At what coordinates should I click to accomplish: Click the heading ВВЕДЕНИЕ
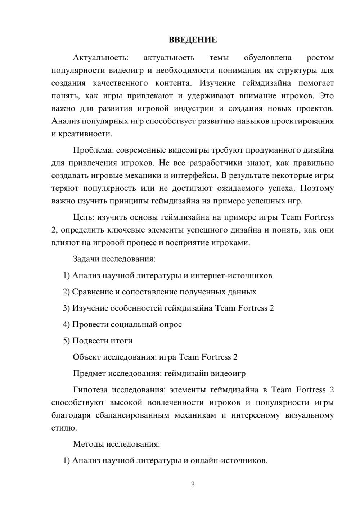193,40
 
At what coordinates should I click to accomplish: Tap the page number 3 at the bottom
193,485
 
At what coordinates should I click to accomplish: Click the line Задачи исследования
114,259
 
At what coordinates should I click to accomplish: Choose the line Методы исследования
116,444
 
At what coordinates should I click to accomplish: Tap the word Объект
86,357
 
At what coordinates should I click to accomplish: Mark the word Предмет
89,373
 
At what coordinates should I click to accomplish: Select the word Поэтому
317,188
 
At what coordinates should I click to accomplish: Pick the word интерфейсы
200,176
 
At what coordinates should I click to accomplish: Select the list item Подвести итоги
102,341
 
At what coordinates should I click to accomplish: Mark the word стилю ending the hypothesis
64,428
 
